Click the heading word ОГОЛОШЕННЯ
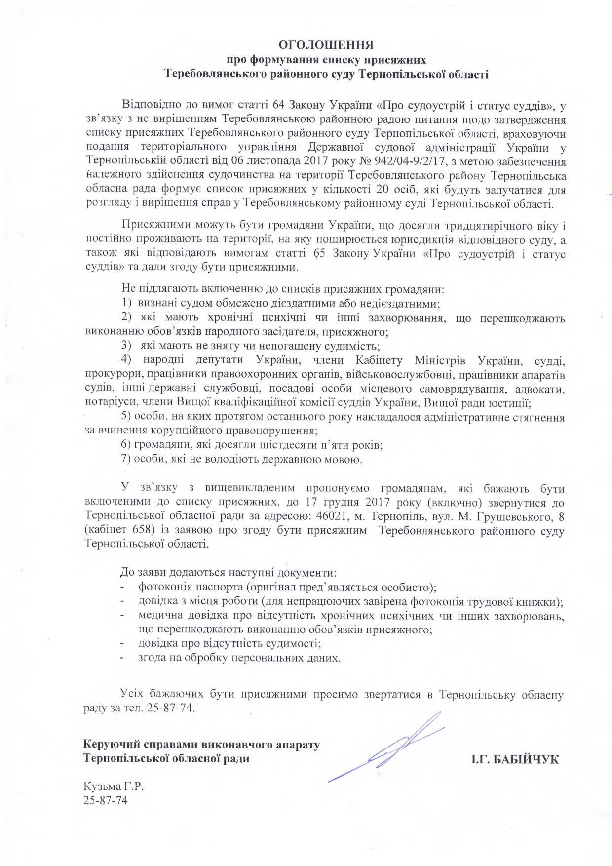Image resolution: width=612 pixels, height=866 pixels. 326,45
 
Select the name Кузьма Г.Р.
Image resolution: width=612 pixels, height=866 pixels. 116,787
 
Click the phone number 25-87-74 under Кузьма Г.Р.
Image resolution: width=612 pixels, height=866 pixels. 106,800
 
